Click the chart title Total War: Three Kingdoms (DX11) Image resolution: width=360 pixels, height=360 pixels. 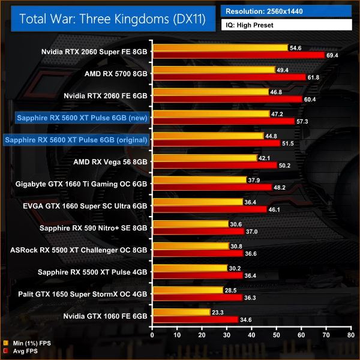tap(113, 19)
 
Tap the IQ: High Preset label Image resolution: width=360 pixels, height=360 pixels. tap(286, 26)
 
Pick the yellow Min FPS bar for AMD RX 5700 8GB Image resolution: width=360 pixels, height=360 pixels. tap(214, 70)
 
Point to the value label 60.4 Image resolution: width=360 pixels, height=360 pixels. tap(310, 100)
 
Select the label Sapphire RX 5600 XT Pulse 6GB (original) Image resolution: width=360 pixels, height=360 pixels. tap(76, 140)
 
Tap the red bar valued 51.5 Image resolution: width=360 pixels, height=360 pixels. tap(217, 143)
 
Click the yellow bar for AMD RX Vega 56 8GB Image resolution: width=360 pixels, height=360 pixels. tap(205, 158)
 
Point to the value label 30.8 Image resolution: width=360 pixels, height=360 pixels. tap(237, 246)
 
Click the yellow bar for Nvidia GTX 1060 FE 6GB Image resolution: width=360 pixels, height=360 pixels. tap(182, 312)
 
